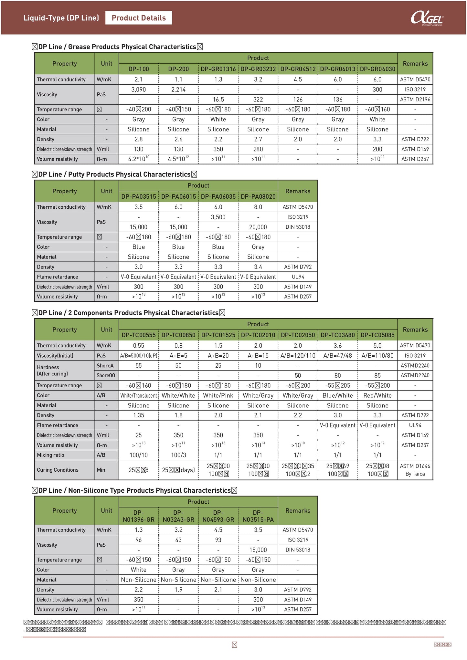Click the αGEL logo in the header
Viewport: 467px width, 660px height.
tap(427, 18)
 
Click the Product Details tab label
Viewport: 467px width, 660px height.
tap(139, 18)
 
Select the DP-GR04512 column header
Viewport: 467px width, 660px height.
tap(298, 69)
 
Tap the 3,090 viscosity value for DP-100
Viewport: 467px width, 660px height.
tap(138, 89)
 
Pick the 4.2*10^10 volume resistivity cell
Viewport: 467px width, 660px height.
tap(138, 159)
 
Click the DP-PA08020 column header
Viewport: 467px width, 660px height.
tap(258, 196)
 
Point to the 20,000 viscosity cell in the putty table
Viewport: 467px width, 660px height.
tap(258, 227)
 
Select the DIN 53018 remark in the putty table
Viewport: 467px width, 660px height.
tap(298, 227)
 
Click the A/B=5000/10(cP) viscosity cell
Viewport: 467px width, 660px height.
tap(138, 355)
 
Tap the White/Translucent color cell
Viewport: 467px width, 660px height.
tap(138, 395)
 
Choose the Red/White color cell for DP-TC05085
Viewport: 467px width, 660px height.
tap(377, 395)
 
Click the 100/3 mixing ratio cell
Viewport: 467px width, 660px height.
tap(178, 455)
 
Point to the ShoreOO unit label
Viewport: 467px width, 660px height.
tap(106, 375)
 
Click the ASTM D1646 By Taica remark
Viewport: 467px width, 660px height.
tap(415, 470)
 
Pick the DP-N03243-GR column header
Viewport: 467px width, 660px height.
tap(178, 516)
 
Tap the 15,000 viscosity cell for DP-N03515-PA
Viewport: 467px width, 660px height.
tap(258, 550)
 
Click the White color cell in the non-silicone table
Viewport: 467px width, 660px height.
tap(138, 570)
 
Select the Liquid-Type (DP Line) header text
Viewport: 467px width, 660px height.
tap(61, 18)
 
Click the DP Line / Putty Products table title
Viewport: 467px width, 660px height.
tap(114, 174)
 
